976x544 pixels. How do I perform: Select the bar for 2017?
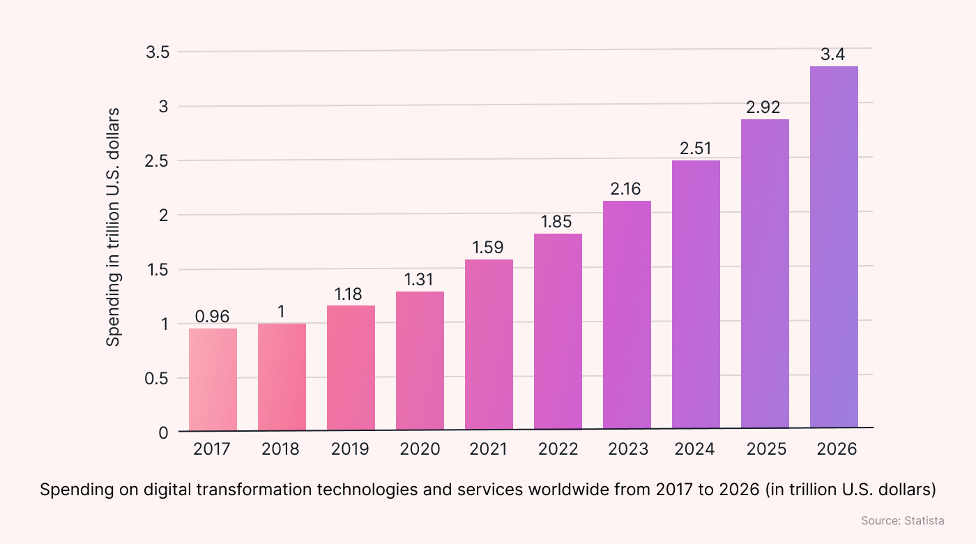[x=213, y=379]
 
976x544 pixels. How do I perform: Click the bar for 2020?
[x=420, y=361]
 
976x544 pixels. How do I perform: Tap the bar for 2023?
[x=627, y=315]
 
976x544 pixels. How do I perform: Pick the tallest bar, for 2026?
[x=834, y=247]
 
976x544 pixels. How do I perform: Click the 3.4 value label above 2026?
[x=833, y=55]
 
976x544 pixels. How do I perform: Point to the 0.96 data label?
[x=213, y=317]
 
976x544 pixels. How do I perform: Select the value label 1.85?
[x=557, y=222]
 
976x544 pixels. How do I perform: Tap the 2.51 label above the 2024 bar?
[x=695, y=149]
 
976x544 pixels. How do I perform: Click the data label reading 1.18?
[x=350, y=294]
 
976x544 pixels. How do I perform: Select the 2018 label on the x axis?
[x=281, y=449]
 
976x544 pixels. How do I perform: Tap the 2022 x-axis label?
[x=557, y=449]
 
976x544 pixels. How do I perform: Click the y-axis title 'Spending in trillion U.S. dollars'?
[x=114, y=227]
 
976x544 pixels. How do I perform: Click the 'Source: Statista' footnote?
[x=902, y=521]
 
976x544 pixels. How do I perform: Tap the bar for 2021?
[x=489, y=345]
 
